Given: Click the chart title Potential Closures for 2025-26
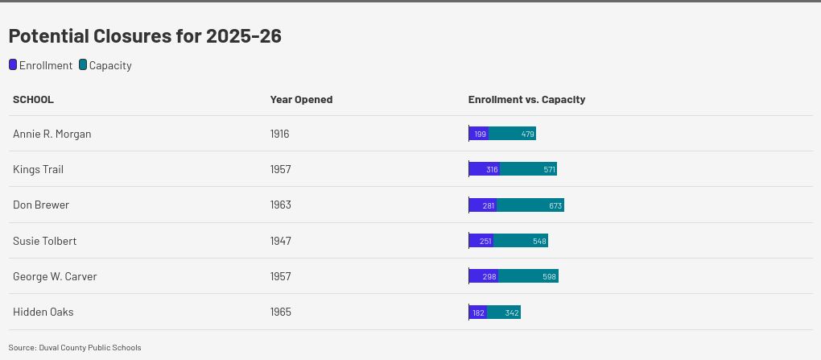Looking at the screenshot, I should click(145, 36).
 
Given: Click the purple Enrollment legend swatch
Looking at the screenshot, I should click(13, 65).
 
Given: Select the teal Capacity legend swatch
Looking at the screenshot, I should click(83, 65).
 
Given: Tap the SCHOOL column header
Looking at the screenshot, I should click(33, 100).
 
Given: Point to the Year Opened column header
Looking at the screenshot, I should click(301, 100).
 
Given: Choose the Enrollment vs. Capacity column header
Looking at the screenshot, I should click(526, 100).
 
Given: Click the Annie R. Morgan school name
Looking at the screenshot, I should click(52, 134).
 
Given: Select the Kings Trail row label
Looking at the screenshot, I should click(38, 169).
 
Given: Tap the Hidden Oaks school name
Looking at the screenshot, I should click(43, 312).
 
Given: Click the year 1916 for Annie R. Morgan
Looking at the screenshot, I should click(280, 134).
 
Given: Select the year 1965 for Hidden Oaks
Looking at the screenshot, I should click(281, 312).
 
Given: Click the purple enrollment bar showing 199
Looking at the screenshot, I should click(479, 134).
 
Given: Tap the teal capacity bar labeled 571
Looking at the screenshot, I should click(528, 169).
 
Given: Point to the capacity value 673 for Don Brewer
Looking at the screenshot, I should click(555, 205).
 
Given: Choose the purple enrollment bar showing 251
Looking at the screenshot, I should click(481, 241).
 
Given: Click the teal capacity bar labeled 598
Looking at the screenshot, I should click(528, 276).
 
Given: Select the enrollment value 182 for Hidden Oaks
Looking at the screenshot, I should click(478, 312).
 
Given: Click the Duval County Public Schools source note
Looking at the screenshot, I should click(75, 348).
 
